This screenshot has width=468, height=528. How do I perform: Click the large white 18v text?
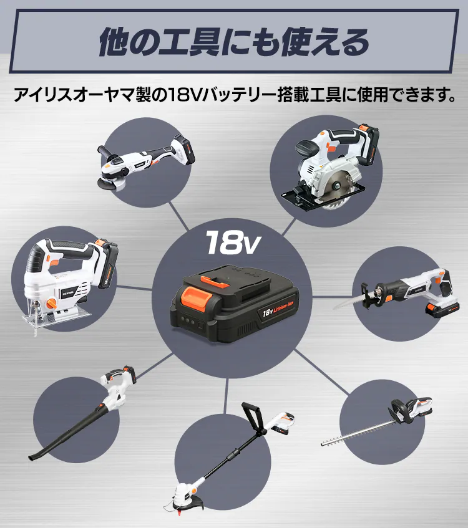pos(233,242)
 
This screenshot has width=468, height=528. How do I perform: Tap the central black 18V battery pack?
pos(235,304)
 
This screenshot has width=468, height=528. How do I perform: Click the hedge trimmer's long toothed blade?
pos(358,433)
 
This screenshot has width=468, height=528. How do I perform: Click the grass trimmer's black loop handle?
pos(253,416)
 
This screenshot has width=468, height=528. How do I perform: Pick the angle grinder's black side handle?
pos(106,151)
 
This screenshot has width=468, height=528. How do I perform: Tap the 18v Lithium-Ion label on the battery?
pos(278,308)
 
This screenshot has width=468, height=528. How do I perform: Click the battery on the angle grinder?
pos(183,150)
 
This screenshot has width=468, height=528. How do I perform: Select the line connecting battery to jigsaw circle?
pos(134,288)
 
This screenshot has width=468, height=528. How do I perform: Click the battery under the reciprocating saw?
pos(442,309)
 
